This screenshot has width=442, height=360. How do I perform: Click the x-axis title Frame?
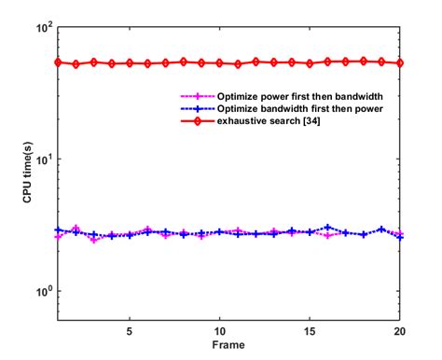(219, 344)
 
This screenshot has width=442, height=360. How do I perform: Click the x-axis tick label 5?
(130, 331)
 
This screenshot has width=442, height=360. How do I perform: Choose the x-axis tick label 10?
(220, 331)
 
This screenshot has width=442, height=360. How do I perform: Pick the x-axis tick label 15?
(311, 331)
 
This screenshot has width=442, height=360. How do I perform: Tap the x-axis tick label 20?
(400, 331)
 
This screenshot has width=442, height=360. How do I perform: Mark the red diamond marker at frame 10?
(220, 63)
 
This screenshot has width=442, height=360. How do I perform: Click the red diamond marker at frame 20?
(400, 63)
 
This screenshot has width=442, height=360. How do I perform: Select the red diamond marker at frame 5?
(130, 63)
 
